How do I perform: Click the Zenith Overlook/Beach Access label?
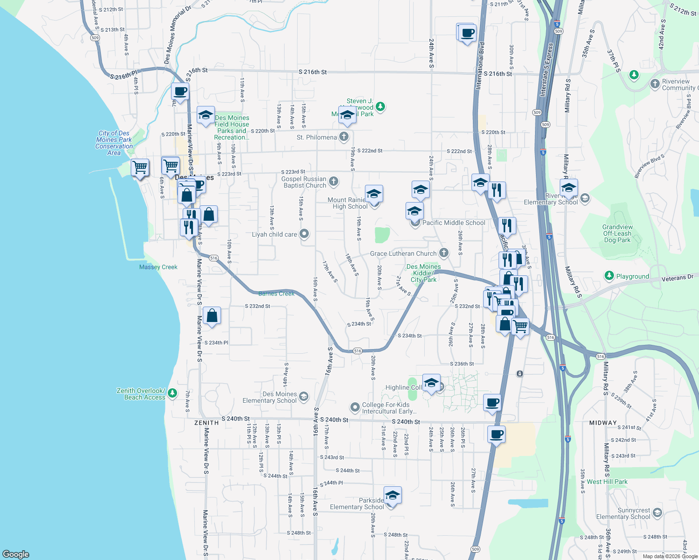(x=141, y=394)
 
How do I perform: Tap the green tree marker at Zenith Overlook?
(x=172, y=393)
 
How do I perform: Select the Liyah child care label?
(x=274, y=234)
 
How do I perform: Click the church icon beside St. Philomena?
(x=344, y=137)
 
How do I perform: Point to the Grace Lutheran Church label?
(x=403, y=253)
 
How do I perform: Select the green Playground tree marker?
(x=609, y=276)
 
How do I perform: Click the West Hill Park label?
(x=607, y=482)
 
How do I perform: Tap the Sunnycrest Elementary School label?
(x=623, y=513)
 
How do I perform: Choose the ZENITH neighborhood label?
(x=207, y=423)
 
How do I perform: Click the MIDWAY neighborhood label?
(x=603, y=423)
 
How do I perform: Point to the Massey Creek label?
(x=158, y=267)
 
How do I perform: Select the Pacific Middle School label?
(x=454, y=223)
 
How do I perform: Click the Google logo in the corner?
(x=16, y=554)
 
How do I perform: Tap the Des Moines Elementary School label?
(x=270, y=397)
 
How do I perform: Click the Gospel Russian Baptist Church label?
(x=304, y=182)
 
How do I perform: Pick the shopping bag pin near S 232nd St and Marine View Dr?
(x=212, y=316)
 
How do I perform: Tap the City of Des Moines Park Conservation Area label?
(x=114, y=143)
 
